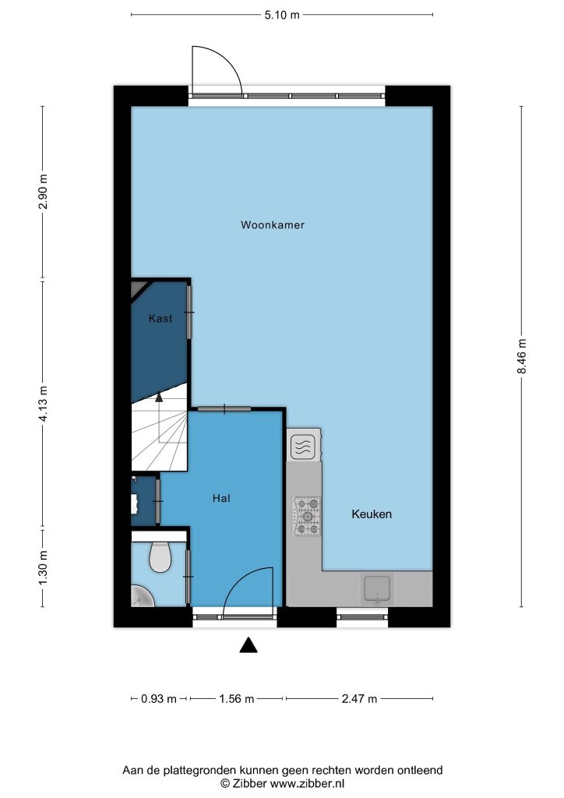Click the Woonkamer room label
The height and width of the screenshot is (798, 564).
click(273, 224)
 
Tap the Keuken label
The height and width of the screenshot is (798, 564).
click(372, 514)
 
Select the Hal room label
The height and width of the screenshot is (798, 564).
click(221, 498)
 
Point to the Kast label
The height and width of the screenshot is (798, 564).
click(160, 318)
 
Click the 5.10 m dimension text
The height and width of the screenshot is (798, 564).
click(282, 15)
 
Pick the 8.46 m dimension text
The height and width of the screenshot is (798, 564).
click(522, 356)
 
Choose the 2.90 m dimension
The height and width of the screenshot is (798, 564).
click(43, 192)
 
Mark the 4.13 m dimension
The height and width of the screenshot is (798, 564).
click(43, 403)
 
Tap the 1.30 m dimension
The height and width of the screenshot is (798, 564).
click(43, 567)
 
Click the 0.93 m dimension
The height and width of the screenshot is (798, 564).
click(159, 699)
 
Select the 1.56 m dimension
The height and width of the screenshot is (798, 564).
click(237, 699)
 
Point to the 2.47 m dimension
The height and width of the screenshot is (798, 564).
click(360, 699)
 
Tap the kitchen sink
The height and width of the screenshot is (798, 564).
click(377, 589)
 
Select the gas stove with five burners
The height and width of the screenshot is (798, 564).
click(307, 517)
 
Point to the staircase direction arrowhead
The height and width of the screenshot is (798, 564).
click(159, 397)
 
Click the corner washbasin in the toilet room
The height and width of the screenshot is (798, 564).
click(142, 596)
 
